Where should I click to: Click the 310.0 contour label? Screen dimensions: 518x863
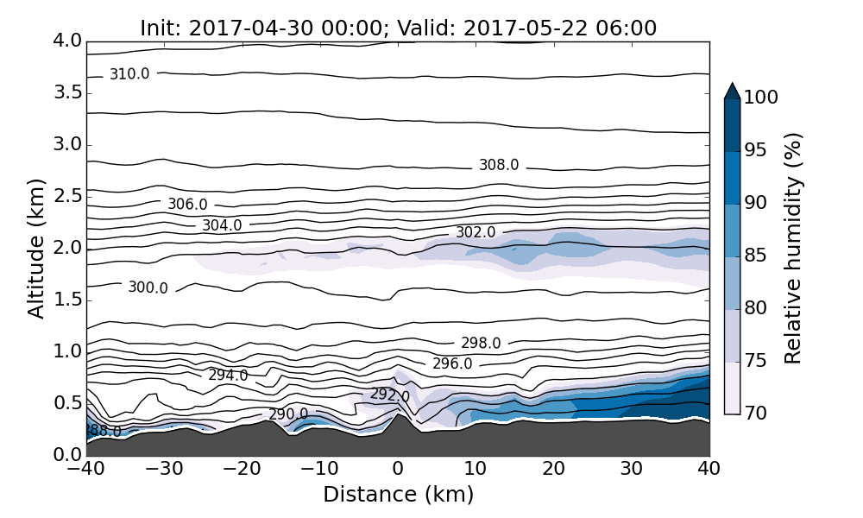click(x=129, y=74)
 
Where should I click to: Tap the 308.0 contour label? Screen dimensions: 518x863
click(x=499, y=165)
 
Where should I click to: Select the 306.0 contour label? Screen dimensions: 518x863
click(x=187, y=205)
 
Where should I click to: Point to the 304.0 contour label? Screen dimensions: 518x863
click(x=222, y=225)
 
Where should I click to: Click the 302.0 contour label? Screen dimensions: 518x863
click(x=476, y=232)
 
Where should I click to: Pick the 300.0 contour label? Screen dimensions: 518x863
click(x=148, y=287)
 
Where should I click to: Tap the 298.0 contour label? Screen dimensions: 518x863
click(x=481, y=343)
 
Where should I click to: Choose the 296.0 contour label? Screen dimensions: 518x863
click(x=452, y=363)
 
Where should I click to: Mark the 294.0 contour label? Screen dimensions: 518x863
click(x=228, y=375)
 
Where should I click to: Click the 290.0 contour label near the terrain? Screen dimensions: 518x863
click(x=288, y=414)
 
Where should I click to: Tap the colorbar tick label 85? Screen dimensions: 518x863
click(x=756, y=256)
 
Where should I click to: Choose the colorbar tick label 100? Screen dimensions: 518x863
click(x=761, y=98)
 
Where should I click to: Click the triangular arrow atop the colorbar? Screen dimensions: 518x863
click(x=732, y=91)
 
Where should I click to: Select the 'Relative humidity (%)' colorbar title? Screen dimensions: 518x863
click(x=793, y=248)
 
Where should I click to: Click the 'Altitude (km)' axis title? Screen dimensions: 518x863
click(x=36, y=248)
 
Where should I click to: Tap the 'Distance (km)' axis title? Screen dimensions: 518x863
click(x=398, y=495)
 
